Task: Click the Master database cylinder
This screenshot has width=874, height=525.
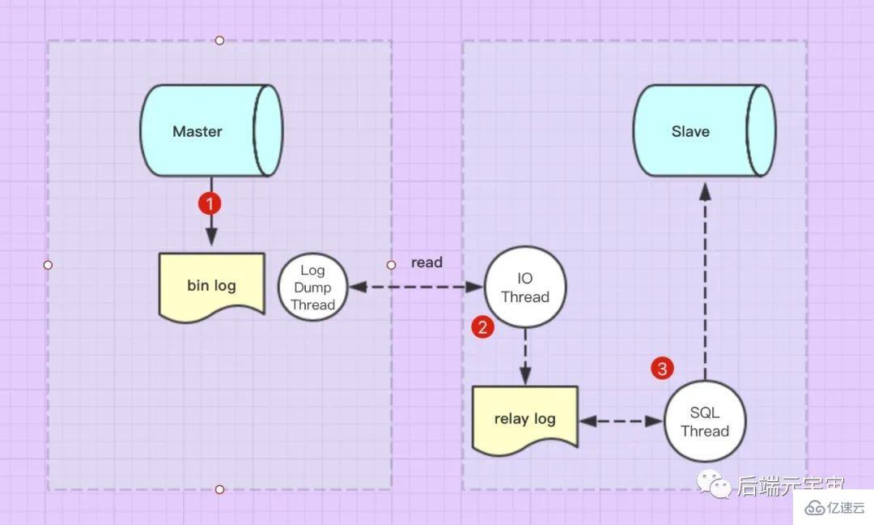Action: pos(210,131)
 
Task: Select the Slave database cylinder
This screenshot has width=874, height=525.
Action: pos(702,131)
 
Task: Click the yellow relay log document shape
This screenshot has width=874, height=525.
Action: pos(524,418)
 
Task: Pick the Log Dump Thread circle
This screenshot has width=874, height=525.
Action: pos(312,287)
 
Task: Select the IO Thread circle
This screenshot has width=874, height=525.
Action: pos(524,288)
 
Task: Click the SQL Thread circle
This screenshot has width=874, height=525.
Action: pos(704,422)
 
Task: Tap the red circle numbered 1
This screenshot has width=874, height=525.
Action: pos(210,203)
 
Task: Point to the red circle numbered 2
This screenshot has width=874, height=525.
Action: pos(482,327)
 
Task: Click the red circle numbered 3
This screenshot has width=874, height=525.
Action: pos(662,369)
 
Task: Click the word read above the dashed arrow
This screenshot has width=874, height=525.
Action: pos(426,262)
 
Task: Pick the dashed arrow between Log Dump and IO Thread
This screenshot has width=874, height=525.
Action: pos(415,287)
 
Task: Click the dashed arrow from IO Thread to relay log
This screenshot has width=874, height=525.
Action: pos(525,356)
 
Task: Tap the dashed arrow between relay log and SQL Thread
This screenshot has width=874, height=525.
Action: pos(621,421)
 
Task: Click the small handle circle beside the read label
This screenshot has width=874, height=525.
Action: pos(391,265)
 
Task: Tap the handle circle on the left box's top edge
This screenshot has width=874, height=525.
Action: pos(219,41)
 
